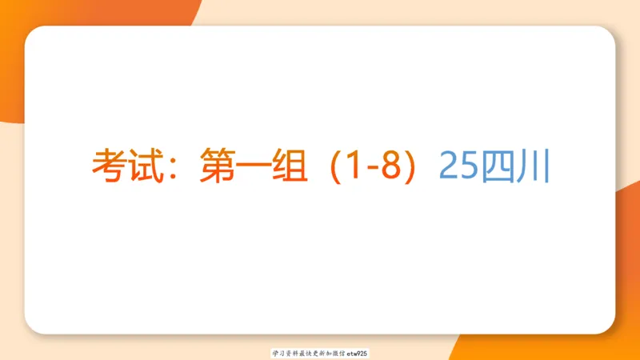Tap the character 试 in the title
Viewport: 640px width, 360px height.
click(143, 166)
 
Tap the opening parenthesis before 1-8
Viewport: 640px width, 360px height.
click(320, 166)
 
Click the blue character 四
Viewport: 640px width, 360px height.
click(495, 166)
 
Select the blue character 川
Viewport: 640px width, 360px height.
click(531, 166)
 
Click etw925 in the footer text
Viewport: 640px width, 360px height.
click(357, 352)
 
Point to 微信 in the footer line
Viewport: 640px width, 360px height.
click(336, 352)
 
